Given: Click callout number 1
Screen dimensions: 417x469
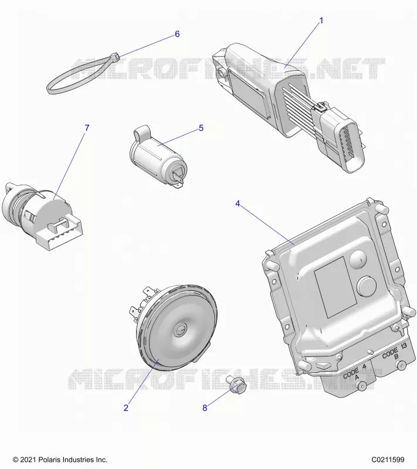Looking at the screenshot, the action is coord(321,21).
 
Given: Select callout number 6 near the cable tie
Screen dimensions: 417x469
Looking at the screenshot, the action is coord(177,34).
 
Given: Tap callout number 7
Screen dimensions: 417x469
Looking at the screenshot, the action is coord(87,128).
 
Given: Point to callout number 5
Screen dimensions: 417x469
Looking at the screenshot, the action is coord(201,128).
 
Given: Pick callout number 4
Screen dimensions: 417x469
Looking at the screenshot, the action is coord(238,203).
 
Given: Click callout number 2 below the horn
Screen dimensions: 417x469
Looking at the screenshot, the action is coord(126,407).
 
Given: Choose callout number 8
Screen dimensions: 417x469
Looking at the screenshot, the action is coord(205,407).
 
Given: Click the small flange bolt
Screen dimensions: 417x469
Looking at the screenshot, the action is coord(236,384).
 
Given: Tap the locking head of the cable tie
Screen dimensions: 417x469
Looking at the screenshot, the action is coord(114,57).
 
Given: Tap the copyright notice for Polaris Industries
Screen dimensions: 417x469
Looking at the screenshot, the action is coord(60,460).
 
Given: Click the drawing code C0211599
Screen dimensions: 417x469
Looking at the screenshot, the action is coord(388,460).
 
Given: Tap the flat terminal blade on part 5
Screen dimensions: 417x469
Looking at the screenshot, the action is coord(178,183).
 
